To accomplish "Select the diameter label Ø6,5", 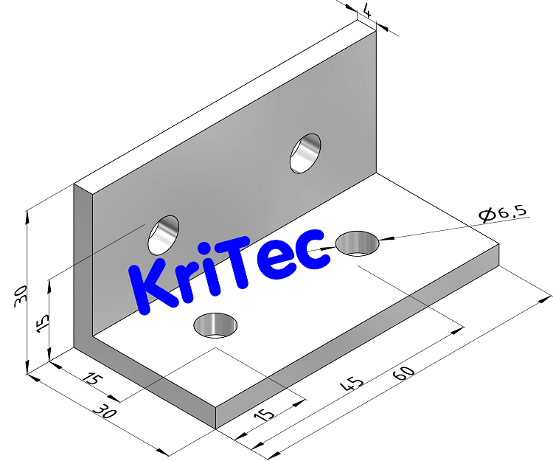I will pyautogui.click(x=502, y=214).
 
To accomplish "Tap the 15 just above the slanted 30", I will pyautogui.click(x=91, y=381).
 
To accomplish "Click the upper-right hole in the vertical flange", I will pyautogui.click(x=305, y=153).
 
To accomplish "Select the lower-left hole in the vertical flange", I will pyautogui.click(x=164, y=234).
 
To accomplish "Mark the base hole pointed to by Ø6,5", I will pyautogui.click(x=358, y=243).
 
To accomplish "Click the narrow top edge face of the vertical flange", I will pyautogui.click(x=221, y=103).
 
